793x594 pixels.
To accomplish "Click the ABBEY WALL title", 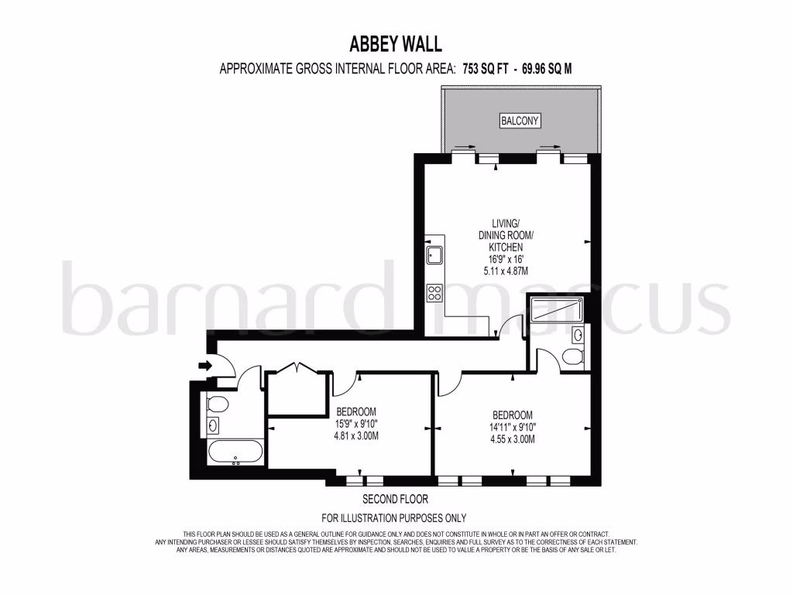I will [396, 43].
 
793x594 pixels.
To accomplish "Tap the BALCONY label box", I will [520, 121].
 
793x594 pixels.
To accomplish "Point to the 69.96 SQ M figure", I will [548, 68].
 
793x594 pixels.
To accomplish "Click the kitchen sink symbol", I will [434, 254].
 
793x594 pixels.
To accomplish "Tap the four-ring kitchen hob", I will [434, 293].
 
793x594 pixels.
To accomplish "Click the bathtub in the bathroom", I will [235, 451].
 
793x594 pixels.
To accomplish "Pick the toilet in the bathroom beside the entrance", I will [217, 404].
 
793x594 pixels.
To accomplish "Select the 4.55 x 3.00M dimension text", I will [512, 439].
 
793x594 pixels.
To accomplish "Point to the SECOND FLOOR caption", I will [395, 500].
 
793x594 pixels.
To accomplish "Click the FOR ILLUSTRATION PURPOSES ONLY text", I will [394, 517].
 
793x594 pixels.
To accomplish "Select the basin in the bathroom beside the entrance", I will [213, 425].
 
